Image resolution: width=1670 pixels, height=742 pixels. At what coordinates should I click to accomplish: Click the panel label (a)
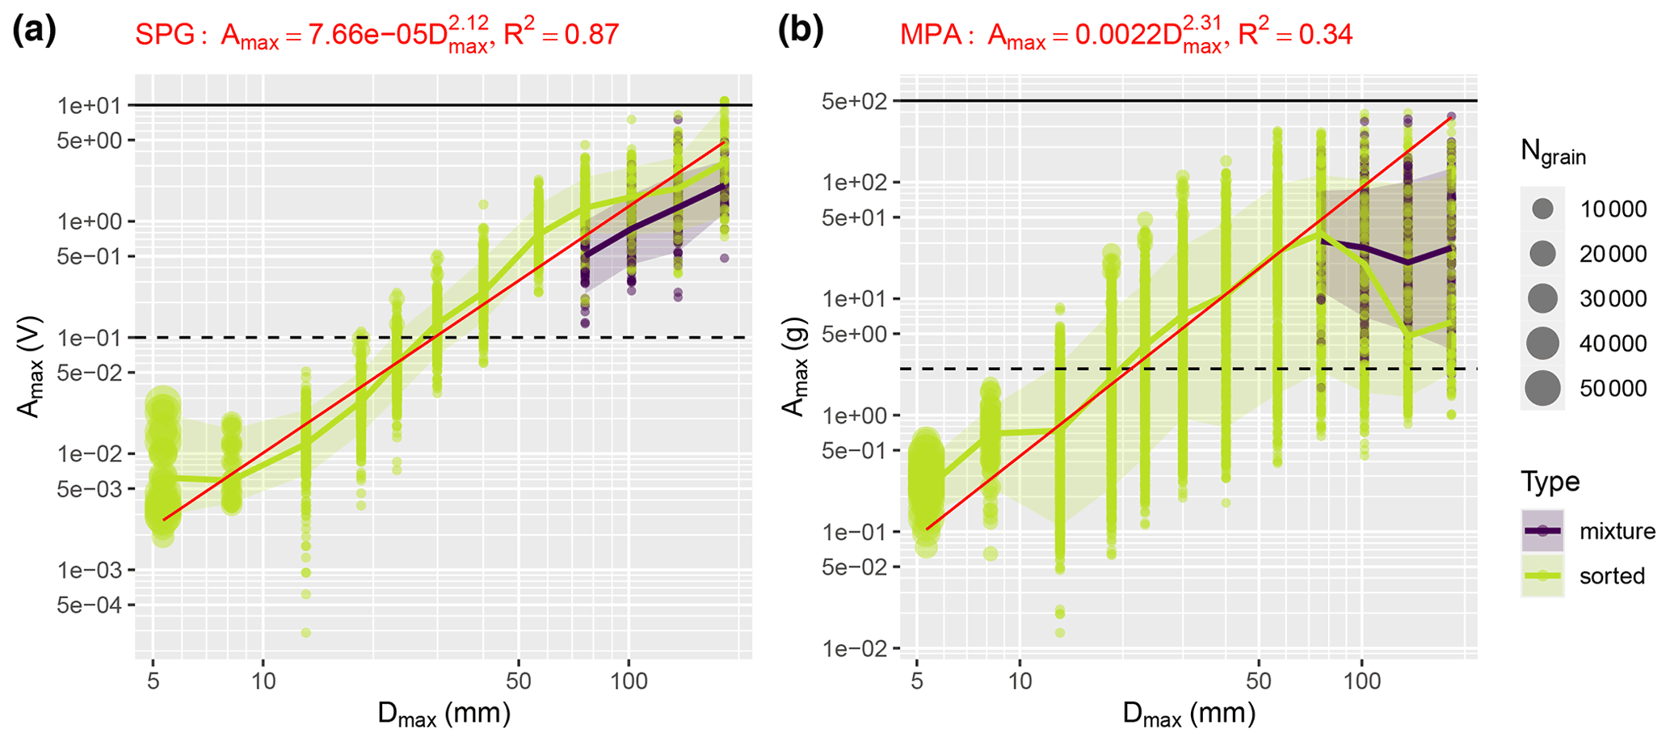(x=34, y=32)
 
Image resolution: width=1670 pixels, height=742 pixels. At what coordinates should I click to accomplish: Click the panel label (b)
(x=800, y=32)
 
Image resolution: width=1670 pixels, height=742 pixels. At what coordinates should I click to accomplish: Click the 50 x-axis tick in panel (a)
(x=518, y=681)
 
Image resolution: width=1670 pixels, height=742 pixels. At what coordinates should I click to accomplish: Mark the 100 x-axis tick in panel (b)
(x=1362, y=681)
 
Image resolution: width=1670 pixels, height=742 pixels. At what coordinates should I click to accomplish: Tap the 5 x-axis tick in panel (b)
(x=917, y=681)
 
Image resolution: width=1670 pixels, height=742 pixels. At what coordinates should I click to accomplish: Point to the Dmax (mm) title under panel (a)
(x=444, y=715)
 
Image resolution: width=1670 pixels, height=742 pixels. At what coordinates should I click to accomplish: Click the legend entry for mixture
(x=1543, y=531)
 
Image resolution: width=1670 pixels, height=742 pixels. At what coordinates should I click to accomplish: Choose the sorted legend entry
(x=1543, y=575)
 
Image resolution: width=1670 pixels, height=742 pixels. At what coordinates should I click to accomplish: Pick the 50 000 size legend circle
(x=1542, y=389)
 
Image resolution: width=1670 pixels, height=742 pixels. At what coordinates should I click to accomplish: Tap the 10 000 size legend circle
(x=1542, y=209)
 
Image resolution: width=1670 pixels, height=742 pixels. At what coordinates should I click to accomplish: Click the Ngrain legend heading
(x=1553, y=153)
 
